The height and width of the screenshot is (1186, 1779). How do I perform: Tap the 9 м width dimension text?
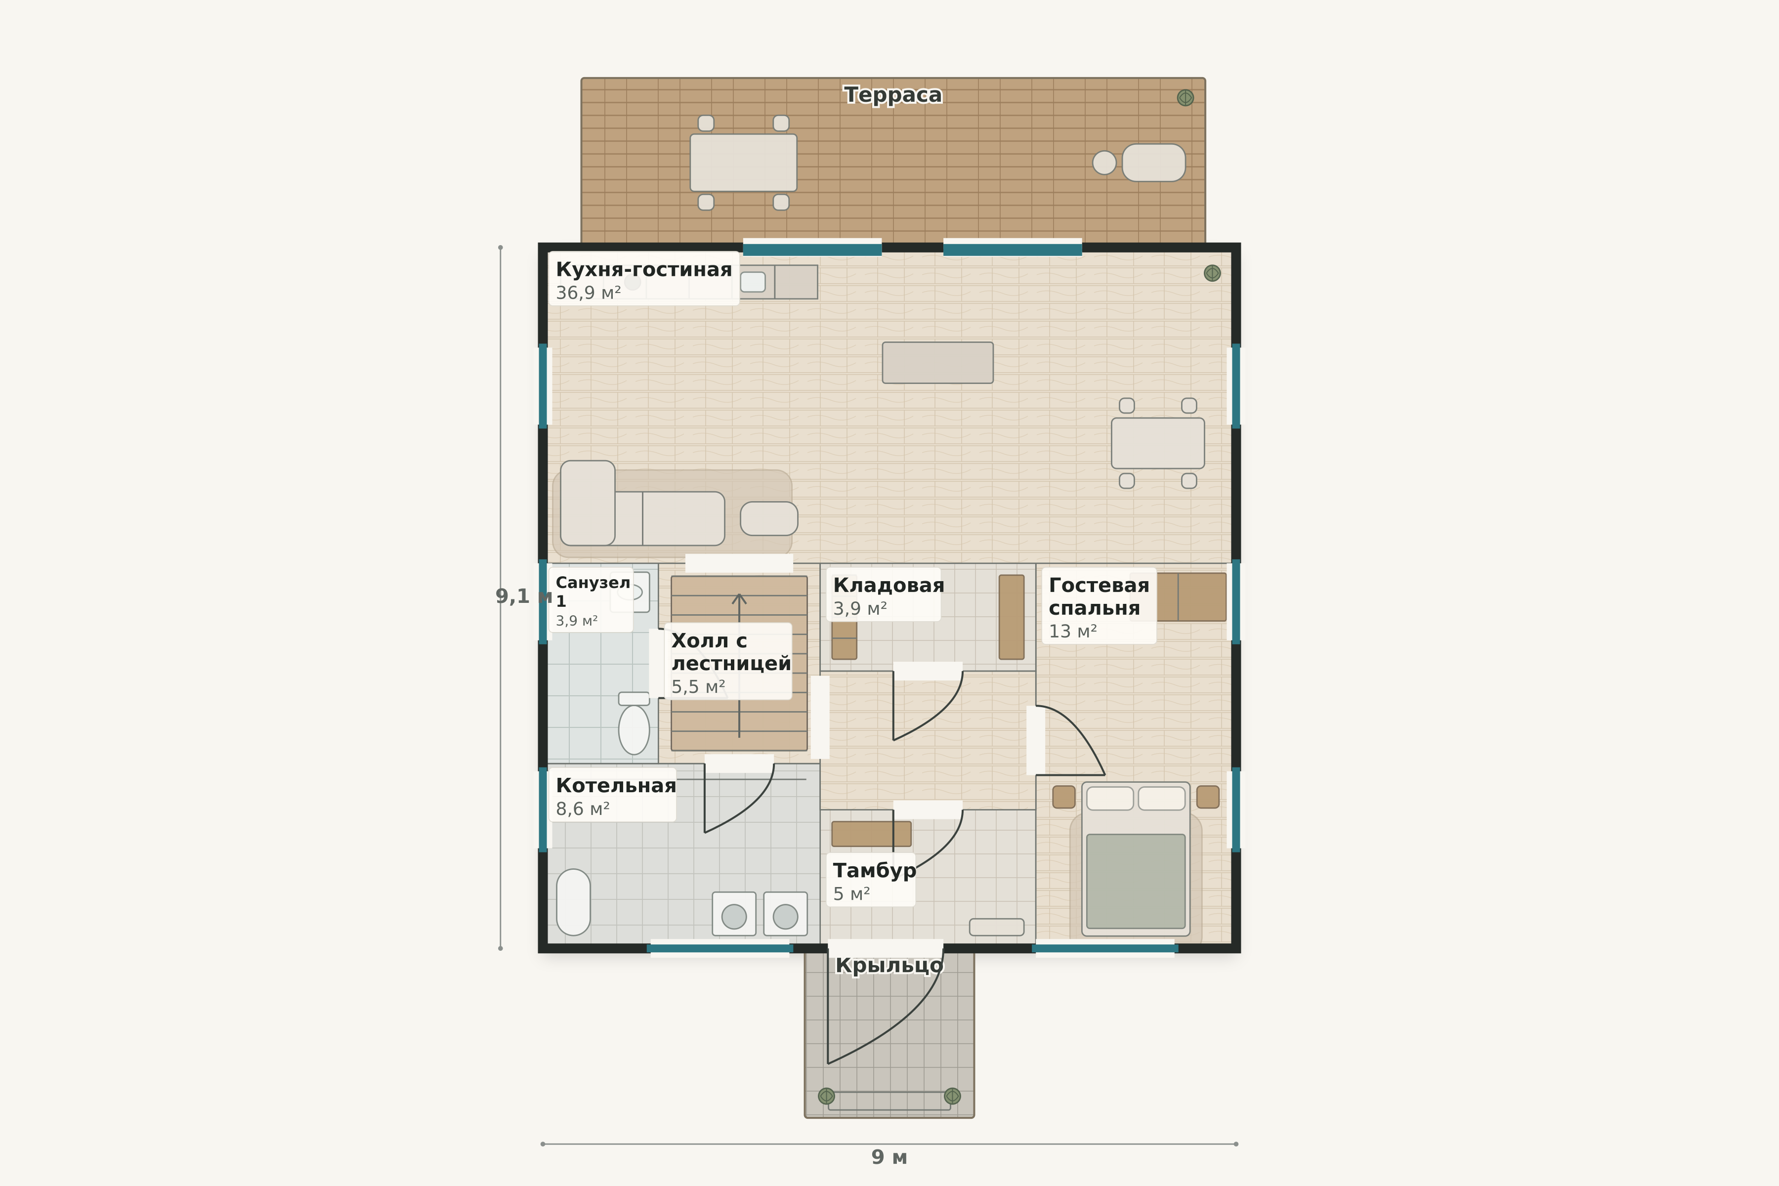coord(889,1157)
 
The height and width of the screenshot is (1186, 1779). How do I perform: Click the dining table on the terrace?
coord(744,163)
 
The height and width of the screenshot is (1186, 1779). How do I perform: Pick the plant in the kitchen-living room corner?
coord(1212,273)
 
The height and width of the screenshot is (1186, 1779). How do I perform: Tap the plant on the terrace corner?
coord(1185,97)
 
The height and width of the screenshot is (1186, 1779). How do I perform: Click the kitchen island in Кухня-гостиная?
coord(938,362)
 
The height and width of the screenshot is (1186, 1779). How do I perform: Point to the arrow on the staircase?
coord(739,666)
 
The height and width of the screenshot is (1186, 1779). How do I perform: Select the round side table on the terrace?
coord(1104,163)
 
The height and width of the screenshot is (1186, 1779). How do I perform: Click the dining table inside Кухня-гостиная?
coord(1158,443)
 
